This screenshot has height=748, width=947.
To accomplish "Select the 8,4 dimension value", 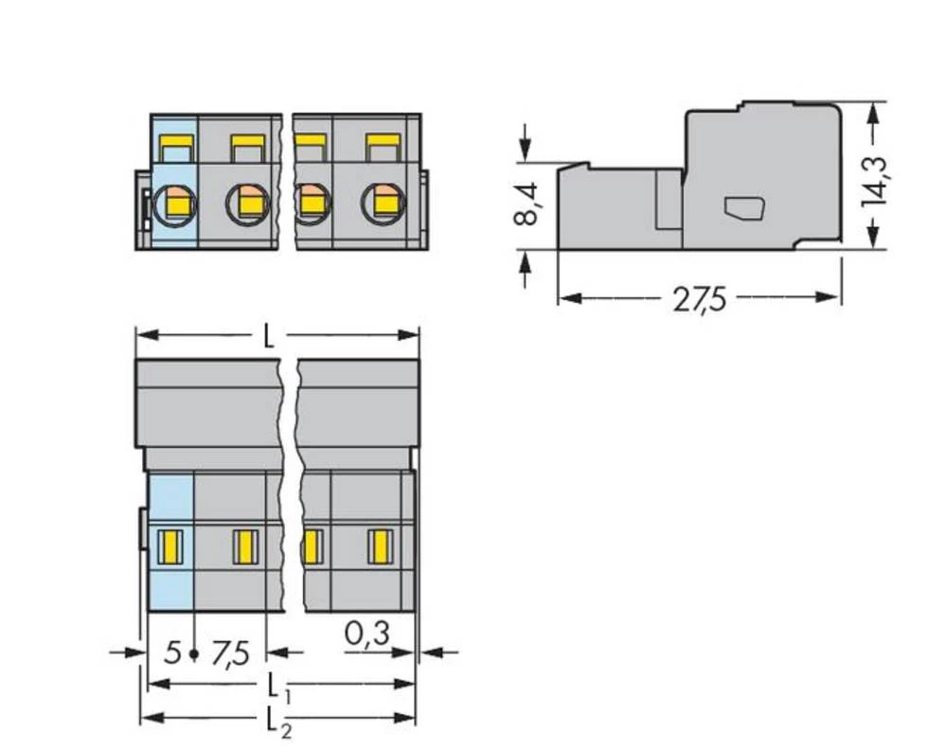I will coord(527,204).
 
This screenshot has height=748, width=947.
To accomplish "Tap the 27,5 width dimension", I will coord(699,299).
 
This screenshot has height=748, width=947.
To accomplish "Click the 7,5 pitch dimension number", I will coord(230,653).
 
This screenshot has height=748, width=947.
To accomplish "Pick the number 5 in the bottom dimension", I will coord(170,653).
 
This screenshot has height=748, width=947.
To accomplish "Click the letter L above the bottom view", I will coord(269,337).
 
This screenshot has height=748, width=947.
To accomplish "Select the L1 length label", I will coord(276,685).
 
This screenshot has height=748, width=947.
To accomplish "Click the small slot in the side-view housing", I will coord(743,207).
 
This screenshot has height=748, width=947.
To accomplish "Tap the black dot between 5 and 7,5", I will coord(194,654).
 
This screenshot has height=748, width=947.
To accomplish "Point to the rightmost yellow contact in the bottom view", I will coord(379,546).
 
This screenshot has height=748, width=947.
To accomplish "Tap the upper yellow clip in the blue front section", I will coord(175,148).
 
